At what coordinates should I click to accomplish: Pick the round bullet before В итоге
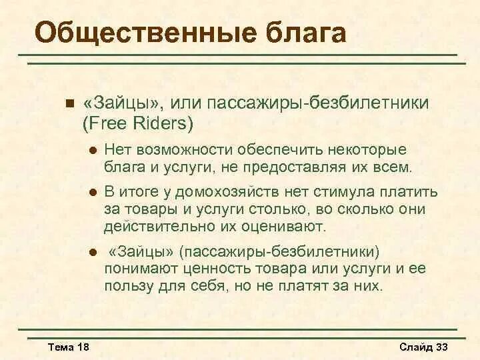tap(93, 193)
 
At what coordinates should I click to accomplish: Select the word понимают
tap(137, 269)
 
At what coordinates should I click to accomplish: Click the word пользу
tap(127, 285)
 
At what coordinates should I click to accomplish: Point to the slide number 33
tap(442, 347)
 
